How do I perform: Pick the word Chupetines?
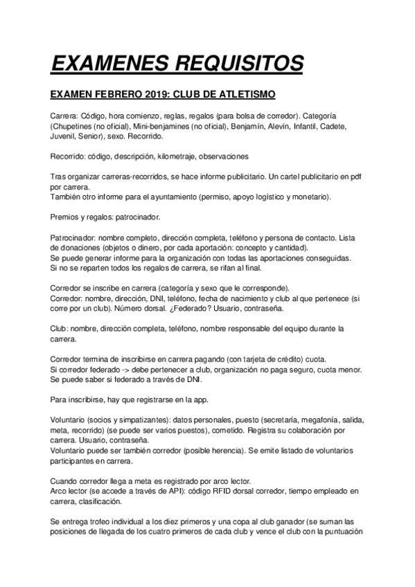tap(78, 127)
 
